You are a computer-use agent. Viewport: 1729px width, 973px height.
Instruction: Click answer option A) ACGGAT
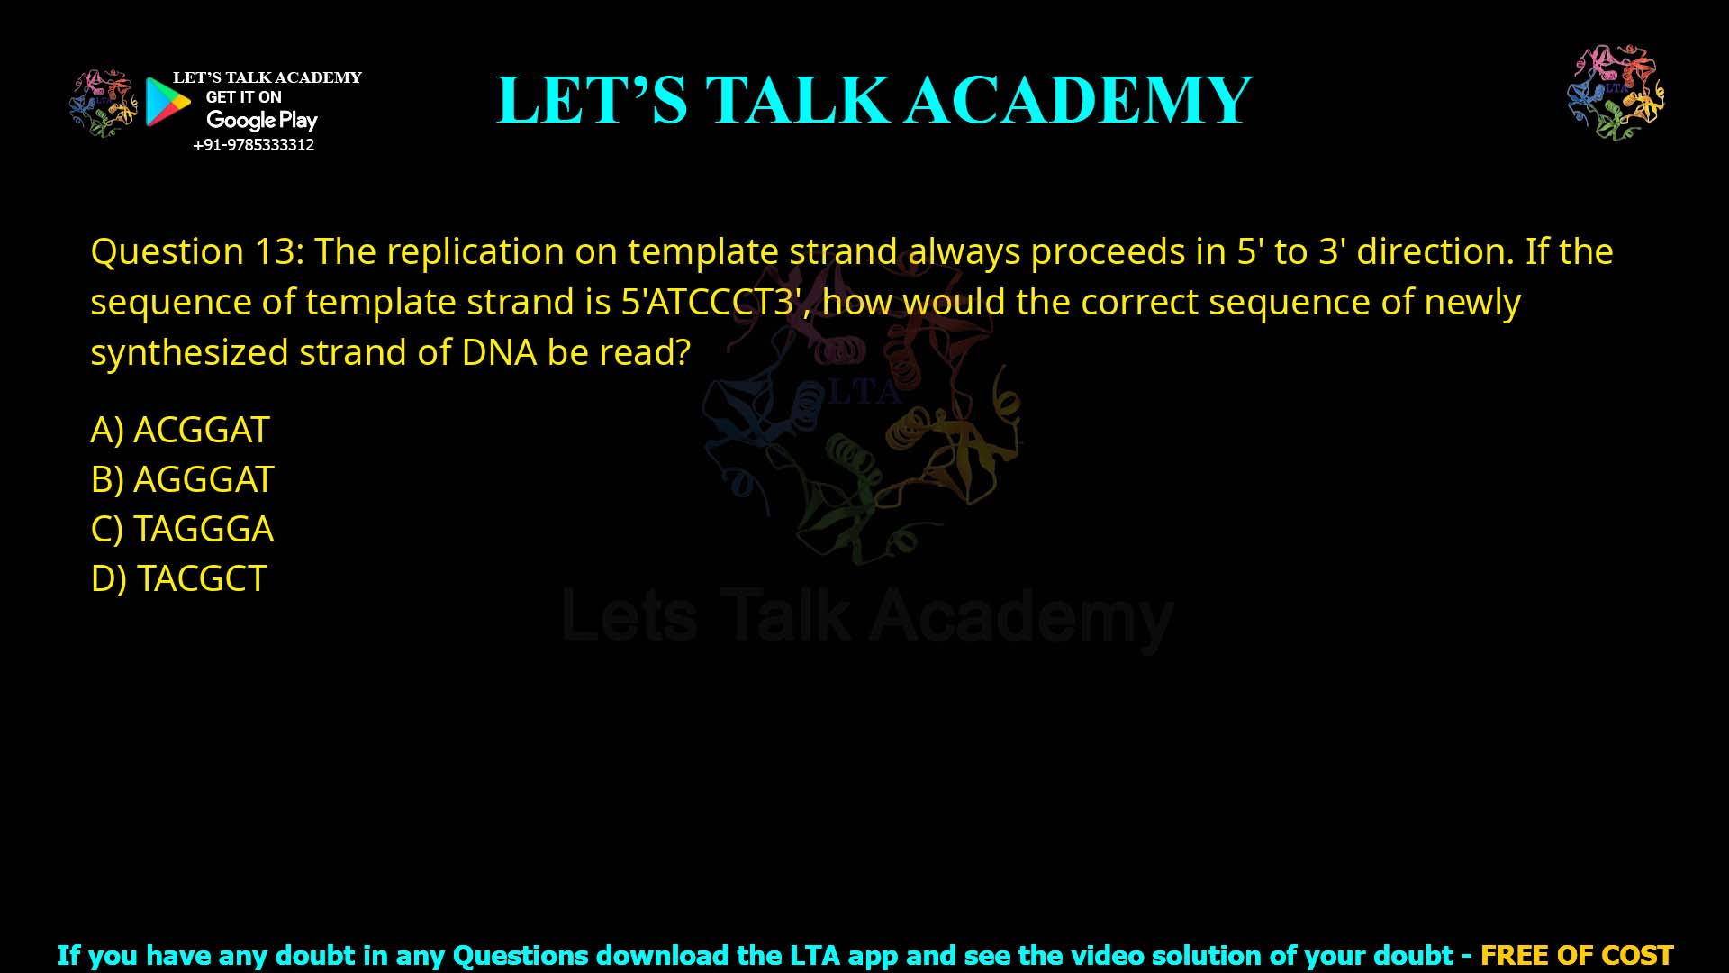tap(180, 431)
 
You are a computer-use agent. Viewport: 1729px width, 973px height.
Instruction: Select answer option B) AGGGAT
tap(182, 480)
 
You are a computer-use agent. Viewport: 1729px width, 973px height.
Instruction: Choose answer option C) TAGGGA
tap(182, 530)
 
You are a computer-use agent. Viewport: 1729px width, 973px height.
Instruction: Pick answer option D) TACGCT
tap(178, 579)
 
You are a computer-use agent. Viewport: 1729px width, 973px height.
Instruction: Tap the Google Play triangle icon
tap(167, 102)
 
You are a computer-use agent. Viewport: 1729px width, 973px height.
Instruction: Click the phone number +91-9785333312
tap(254, 145)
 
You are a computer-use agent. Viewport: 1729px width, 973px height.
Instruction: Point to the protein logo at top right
tap(1616, 92)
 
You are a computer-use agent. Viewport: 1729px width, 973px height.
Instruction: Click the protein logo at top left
tap(104, 104)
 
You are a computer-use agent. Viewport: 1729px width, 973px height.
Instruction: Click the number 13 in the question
tap(275, 252)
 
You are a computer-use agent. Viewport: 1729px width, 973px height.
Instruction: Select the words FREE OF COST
tap(1576, 955)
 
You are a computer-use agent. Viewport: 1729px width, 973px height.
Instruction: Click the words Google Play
tap(262, 121)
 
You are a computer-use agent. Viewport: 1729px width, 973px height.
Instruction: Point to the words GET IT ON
tap(243, 97)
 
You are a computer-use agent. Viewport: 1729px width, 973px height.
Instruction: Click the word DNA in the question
tap(499, 353)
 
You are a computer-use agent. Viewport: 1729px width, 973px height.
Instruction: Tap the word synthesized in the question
tap(190, 353)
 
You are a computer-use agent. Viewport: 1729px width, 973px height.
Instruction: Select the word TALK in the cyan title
tap(796, 100)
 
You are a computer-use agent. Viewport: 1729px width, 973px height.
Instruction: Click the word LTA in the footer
tap(816, 955)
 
